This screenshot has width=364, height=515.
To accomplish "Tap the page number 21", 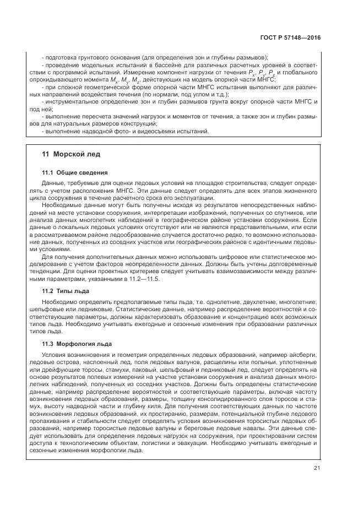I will click(x=317, y=469).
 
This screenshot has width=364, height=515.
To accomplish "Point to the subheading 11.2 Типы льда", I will click(x=66, y=290).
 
